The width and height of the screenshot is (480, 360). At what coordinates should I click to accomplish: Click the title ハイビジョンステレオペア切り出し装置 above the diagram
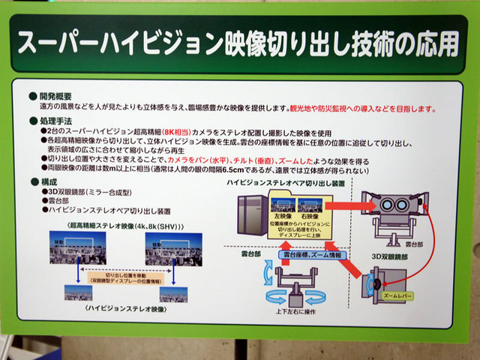(276, 183)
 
